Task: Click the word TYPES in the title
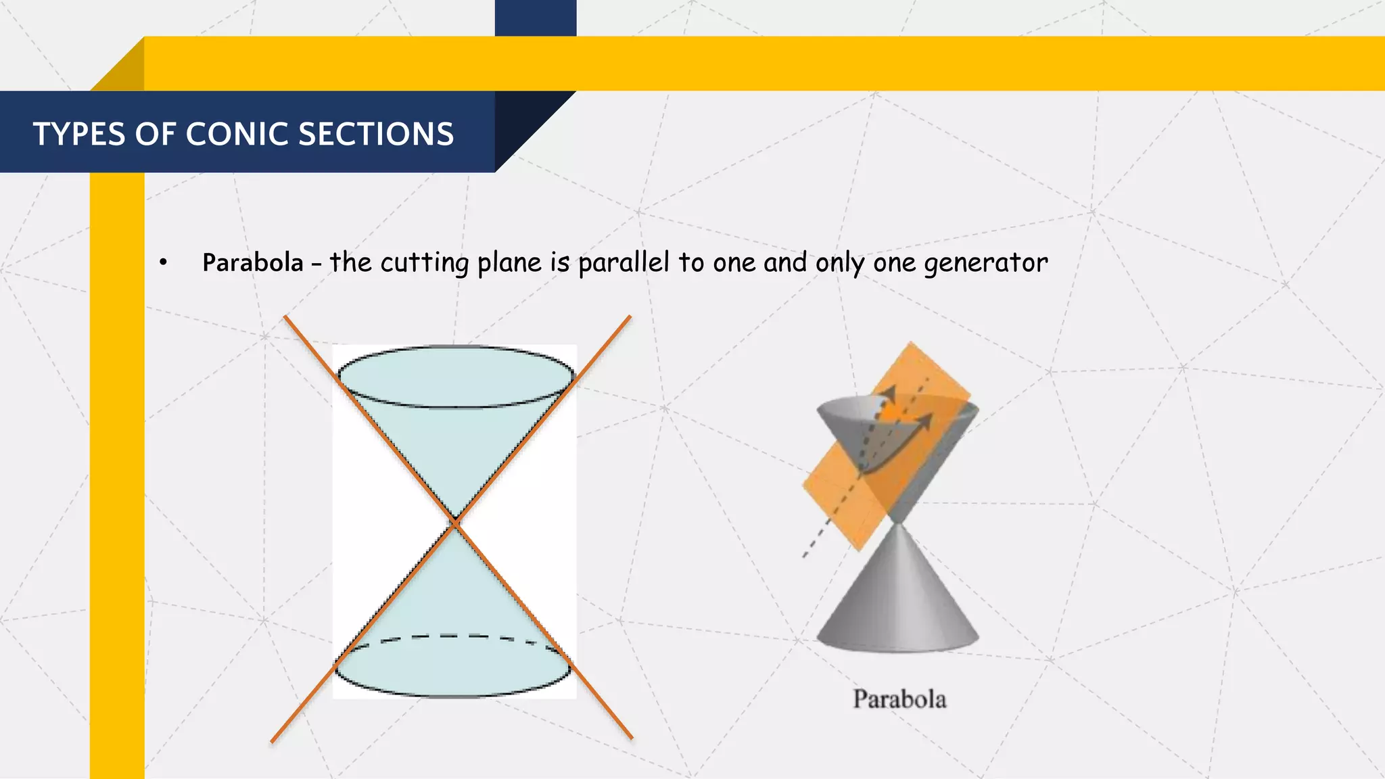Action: [79, 134]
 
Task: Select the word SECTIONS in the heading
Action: [376, 134]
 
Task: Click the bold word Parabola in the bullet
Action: [253, 262]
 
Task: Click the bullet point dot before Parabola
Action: [163, 263]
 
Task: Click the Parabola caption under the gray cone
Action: [899, 699]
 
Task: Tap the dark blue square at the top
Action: [536, 18]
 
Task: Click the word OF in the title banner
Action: [155, 134]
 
